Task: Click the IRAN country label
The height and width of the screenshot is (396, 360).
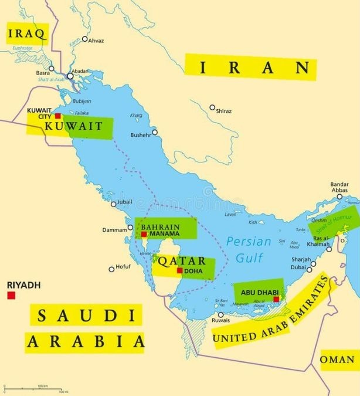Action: click(250, 67)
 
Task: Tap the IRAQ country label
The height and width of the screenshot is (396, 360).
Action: click(26, 34)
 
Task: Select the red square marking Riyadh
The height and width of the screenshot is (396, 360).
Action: click(11, 295)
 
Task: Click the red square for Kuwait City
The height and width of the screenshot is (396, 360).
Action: click(57, 116)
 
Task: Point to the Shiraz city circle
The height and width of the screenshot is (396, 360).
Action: click(212, 107)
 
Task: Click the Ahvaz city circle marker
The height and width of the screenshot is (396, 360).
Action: click(84, 39)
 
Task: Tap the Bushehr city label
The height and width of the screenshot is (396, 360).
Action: click(141, 134)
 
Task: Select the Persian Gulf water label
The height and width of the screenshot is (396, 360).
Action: click(249, 249)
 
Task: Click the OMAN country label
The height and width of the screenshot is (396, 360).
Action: click(339, 360)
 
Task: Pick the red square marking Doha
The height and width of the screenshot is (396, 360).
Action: click(180, 270)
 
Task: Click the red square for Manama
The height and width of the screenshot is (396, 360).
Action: click(144, 234)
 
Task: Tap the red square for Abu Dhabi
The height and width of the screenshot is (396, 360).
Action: click(276, 299)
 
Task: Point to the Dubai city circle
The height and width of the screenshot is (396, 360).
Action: click(313, 264)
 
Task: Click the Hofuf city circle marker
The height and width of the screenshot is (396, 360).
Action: click(111, 269)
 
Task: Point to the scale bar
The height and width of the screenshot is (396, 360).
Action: click(35, 388)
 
